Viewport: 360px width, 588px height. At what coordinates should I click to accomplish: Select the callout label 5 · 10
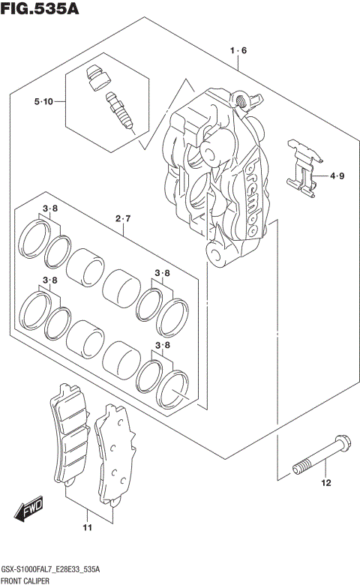tap(42, 101)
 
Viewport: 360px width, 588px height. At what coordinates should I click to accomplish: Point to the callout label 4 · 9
tap(336, 177)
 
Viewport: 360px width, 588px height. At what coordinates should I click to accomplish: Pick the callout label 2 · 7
tap(123, 218)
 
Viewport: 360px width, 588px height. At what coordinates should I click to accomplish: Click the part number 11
tap(87, 529)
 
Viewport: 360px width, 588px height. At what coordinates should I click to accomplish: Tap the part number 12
tap(325, 483)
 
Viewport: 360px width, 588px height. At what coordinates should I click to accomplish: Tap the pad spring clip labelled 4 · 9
tap(307, 170)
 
